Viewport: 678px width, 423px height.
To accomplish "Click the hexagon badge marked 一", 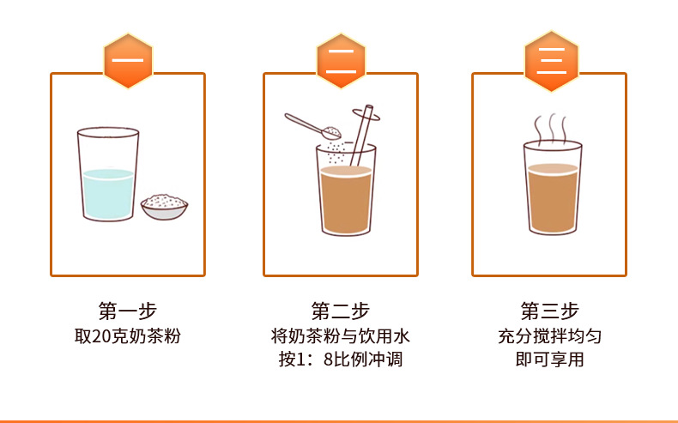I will [128, 61].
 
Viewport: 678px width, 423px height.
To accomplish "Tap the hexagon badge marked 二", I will [341, 61].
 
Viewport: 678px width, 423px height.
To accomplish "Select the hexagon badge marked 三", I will [549, 61].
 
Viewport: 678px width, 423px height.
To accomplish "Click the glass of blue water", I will [107, 176].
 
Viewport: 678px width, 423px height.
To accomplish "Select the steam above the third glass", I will [551, 129].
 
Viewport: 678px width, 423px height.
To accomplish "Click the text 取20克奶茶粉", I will [128, 335].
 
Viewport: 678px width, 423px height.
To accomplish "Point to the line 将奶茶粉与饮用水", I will [341, 335].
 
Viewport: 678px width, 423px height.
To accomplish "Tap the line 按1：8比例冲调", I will [341, 360].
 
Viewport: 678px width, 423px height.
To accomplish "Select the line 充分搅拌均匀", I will [549, 335].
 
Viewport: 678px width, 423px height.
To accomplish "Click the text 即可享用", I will [549, 360].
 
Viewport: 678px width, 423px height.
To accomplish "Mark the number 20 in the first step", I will [102, 335].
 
